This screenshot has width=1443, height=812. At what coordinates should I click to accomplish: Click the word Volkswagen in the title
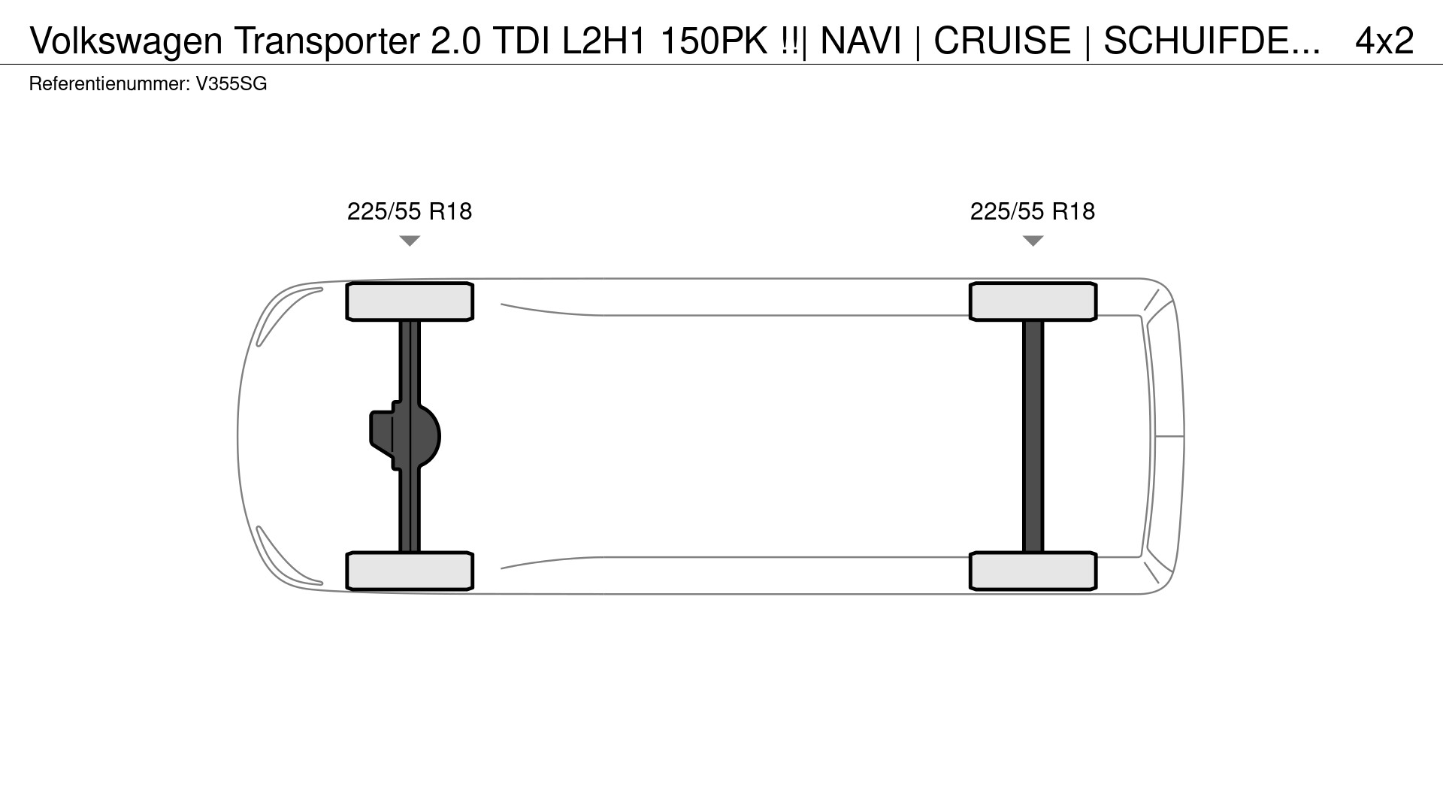coord(126,41)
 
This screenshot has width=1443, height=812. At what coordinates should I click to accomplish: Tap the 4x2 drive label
coord(1384,41)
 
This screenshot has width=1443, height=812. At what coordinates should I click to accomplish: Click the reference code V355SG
coord(231,84)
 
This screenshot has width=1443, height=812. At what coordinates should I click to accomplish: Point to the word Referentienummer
coord(108,84)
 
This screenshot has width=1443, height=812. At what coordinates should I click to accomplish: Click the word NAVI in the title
coord(861,41)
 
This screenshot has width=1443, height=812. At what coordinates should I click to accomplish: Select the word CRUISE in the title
coord(1002,41)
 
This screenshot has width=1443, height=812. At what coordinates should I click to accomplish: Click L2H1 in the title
coord(604,41)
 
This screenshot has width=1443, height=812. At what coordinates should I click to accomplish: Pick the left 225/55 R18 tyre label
coord(410,211)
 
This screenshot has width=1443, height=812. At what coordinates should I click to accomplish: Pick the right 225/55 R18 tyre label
coord(1033,211)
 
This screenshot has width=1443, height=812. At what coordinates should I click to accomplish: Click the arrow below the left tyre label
coord(410,241)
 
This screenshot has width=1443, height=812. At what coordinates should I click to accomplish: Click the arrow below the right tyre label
coord(1033,241)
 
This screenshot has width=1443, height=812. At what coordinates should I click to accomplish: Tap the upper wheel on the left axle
coord(410,301)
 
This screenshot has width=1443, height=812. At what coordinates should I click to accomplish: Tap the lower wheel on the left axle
coord(410,571)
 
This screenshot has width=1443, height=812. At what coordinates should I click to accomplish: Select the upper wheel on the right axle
coord(1033,301)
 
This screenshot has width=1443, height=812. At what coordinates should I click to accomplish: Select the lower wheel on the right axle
coord(1033,571)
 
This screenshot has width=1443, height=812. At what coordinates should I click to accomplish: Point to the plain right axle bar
coord(1033,436)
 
